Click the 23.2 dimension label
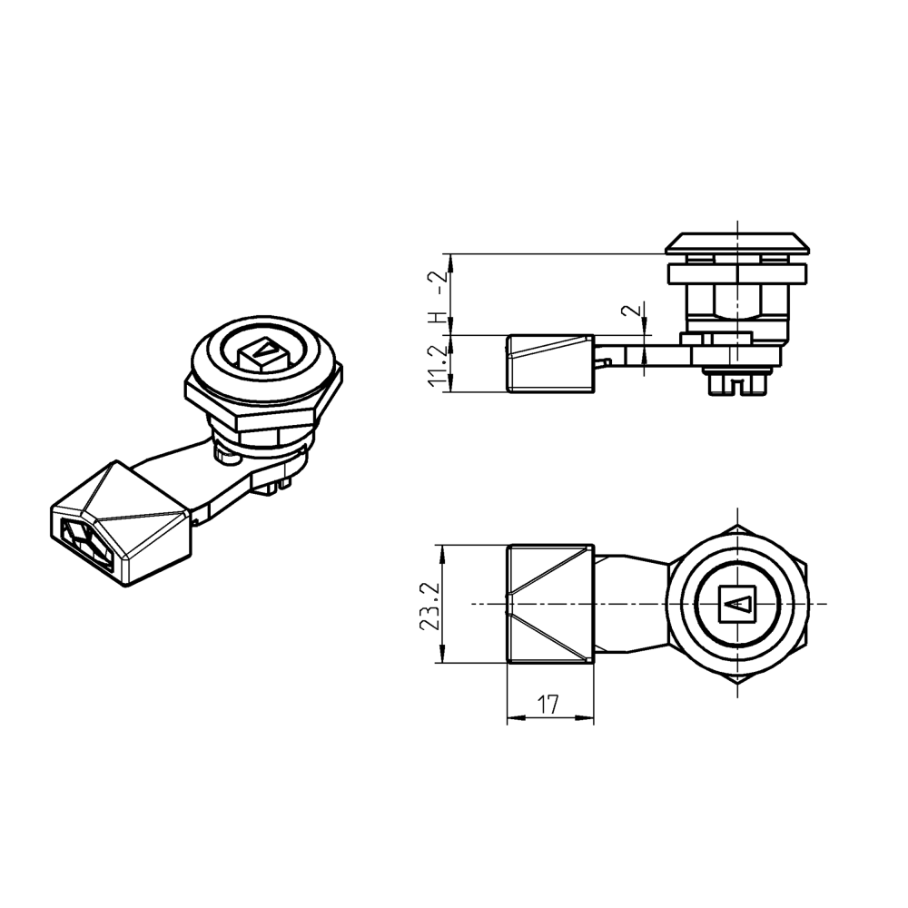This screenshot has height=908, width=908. [433, 606]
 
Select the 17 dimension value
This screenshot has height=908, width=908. [548, 704]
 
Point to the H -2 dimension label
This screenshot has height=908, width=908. [438, 297]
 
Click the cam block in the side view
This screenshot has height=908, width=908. [549, 364]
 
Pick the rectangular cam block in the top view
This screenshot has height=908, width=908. [550, 605]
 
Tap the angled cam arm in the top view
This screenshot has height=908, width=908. [631, 603]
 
